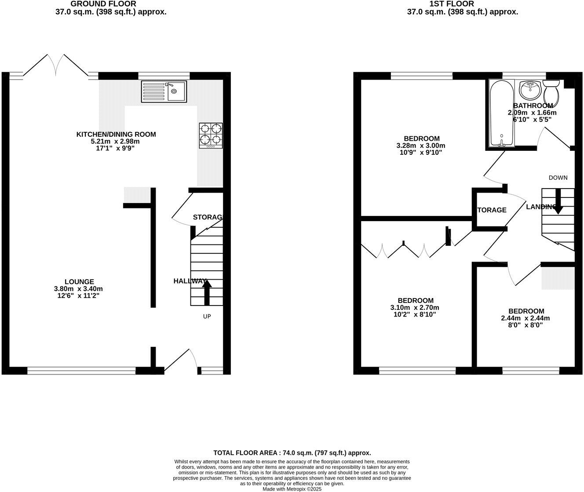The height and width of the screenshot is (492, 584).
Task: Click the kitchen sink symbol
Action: [x=164, y=91]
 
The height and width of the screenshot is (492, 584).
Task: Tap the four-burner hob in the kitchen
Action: [x=211, y=135]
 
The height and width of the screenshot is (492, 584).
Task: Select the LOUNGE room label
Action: [x=79, y=282]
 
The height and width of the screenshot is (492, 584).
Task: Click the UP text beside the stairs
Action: [x=207, y=316]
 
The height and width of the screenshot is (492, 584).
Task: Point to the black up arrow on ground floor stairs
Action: [x=207, y=292]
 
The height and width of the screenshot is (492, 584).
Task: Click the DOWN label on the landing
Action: [x=558, y=178]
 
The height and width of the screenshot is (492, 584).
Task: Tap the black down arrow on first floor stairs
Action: [x=558, y=202]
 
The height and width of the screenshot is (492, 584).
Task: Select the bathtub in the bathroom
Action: [x=501, y=113]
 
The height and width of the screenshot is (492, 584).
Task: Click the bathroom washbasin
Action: [x=531, y=90]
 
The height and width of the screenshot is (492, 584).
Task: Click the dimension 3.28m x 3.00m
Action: [x=421, y=146]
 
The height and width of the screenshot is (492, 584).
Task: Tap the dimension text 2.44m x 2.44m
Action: [x=526, y=318]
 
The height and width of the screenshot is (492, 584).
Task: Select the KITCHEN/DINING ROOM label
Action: [x=116, y=135]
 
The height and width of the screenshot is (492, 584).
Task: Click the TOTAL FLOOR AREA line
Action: [x=292, y=452]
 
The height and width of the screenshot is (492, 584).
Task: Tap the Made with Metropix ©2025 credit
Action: [x=292, y=489]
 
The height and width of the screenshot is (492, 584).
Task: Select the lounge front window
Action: [x=81, y=371]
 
